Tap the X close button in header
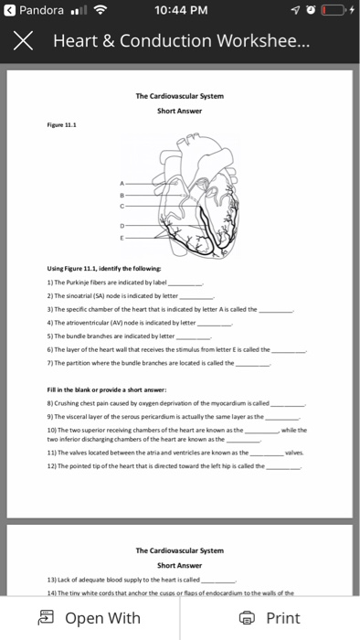pos(22,42)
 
